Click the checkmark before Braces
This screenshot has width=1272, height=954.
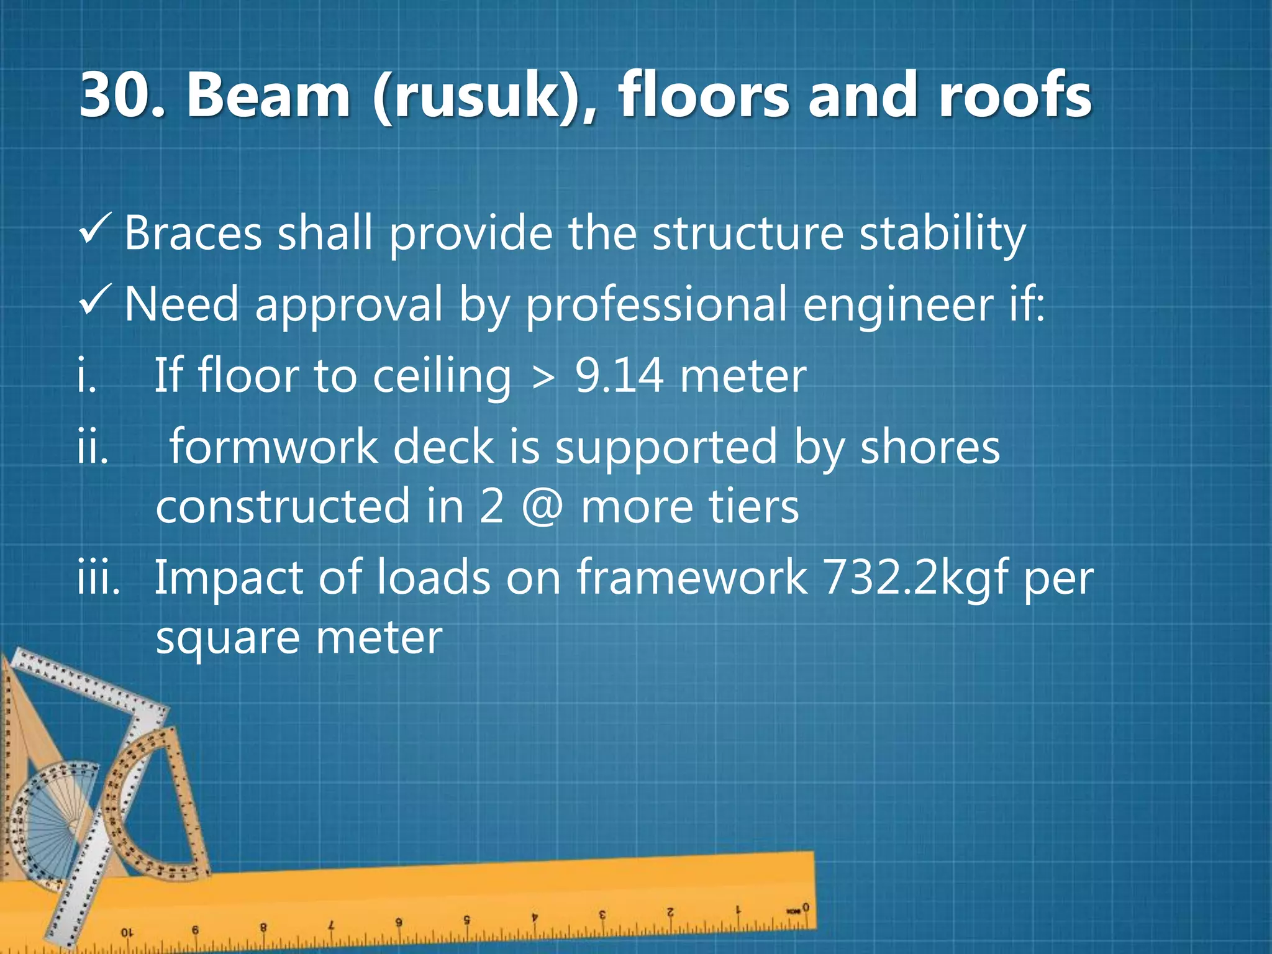pos(95,229)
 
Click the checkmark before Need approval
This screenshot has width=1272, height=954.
pos(95,299)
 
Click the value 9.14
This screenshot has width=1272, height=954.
pos(619,376)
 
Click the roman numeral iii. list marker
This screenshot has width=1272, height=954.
pos(98,578)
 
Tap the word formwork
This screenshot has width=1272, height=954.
pos(273,447)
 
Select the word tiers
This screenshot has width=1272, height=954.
pos(752,507)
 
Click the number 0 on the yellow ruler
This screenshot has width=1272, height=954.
pos(806,907)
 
